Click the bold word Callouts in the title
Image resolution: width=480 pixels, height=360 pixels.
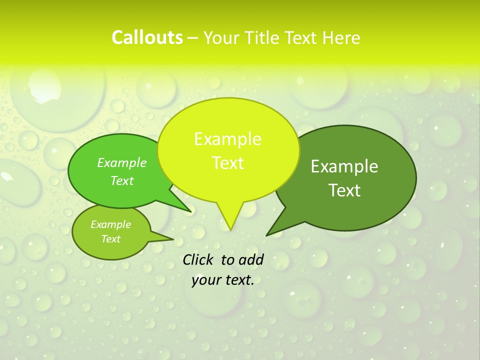tap(147, 37)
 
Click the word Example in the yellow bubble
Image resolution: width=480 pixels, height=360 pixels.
tap(227, 139)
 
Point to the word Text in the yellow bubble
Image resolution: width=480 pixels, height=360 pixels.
tap(227, 163)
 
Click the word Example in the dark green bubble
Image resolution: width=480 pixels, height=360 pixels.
tap(344, 166)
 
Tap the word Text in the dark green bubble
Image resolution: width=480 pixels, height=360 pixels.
tap(344, 190)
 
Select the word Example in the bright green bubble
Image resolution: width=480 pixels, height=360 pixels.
tap(122, 162)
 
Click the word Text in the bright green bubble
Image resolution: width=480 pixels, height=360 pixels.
tap(122, 180)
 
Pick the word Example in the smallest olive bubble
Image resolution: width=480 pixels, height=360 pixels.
tap(110, 224)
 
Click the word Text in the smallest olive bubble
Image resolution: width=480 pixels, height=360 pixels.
tap(110, 239)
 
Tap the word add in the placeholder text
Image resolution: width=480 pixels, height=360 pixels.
tap(252, 259)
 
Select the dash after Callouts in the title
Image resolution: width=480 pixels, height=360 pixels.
tap(193, 38)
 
